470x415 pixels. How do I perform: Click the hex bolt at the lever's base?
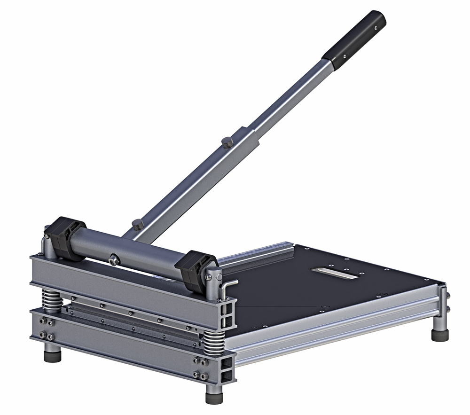click(138, 224)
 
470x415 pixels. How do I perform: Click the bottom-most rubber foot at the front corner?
click(214, 395)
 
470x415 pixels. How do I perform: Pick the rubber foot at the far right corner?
click(440, 334)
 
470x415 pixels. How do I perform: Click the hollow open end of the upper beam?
click(227, 314)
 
